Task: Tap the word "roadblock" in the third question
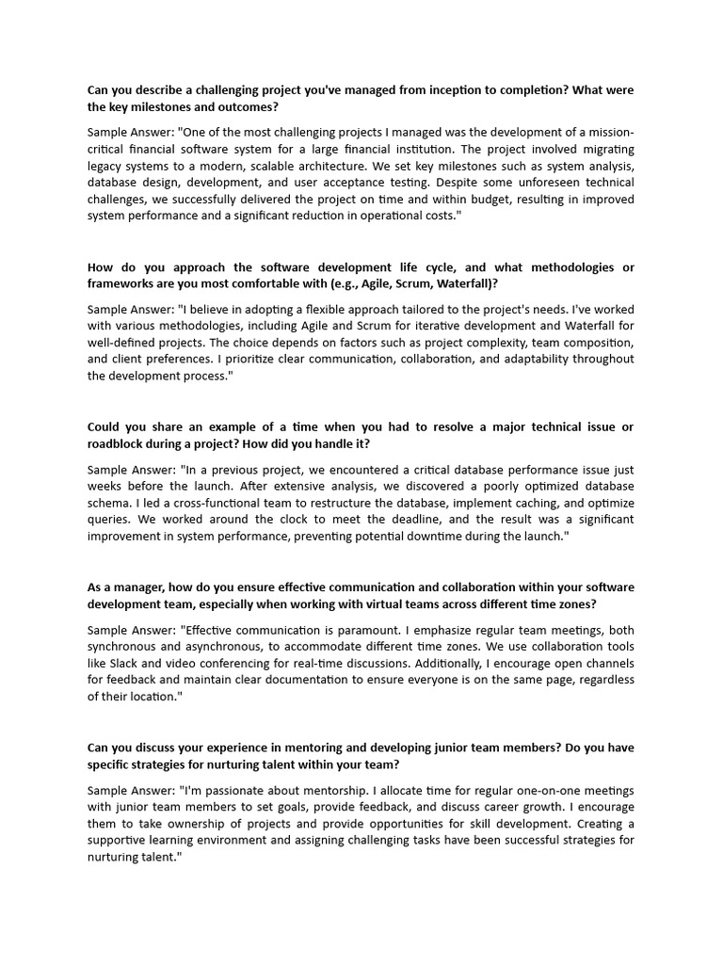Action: tap(120, 443)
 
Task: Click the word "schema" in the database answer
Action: tap(108, 502)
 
